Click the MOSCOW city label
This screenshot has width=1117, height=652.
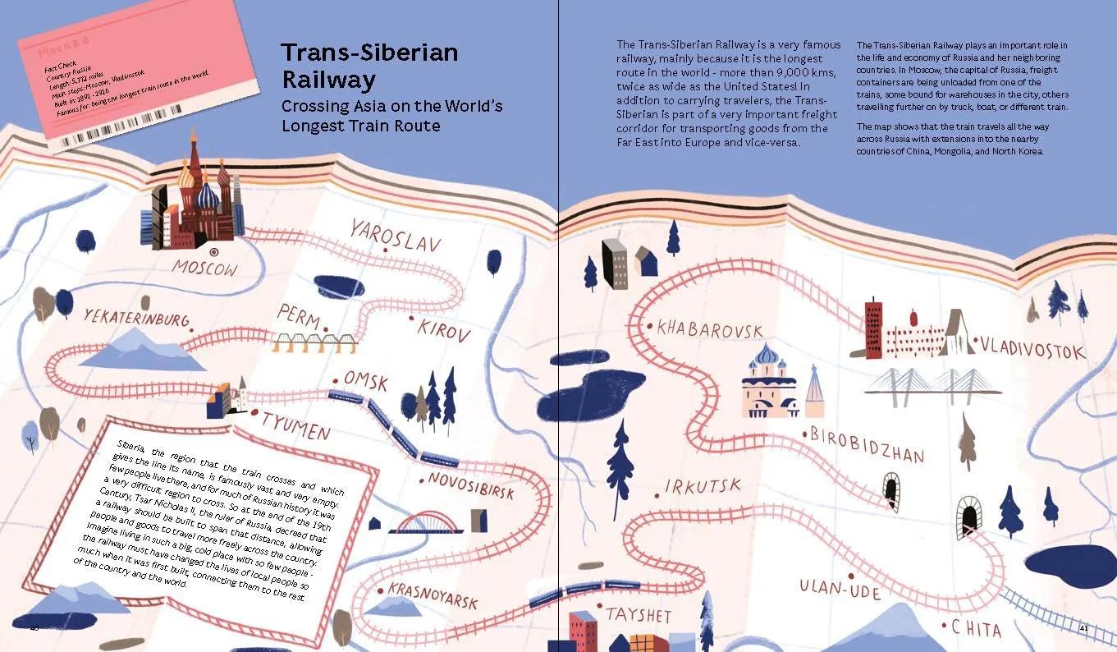coord(204,268)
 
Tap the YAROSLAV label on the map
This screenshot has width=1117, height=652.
coord(395,235)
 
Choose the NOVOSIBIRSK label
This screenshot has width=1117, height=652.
coord(471,484)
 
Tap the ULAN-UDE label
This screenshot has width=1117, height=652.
coord(840,589)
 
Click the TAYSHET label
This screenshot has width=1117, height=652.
coord(639,614)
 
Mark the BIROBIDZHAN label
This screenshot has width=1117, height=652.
coord(868,444)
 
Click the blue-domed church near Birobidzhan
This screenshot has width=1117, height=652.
coord(768,382)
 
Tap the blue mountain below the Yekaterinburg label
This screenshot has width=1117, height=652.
coord(144,349)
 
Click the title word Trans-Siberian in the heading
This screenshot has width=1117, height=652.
coord(369,53)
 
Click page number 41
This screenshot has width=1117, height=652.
coord(1083,628)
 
